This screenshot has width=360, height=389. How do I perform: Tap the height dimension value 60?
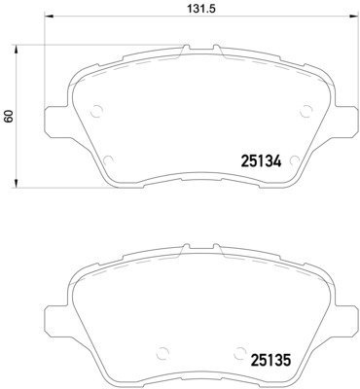pyautogui.click(x=10, y=116)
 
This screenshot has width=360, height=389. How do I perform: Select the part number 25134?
pyautogui.click(x=260, y=161)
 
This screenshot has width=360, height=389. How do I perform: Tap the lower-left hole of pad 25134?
pyautogui.click(x=109, y=159)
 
